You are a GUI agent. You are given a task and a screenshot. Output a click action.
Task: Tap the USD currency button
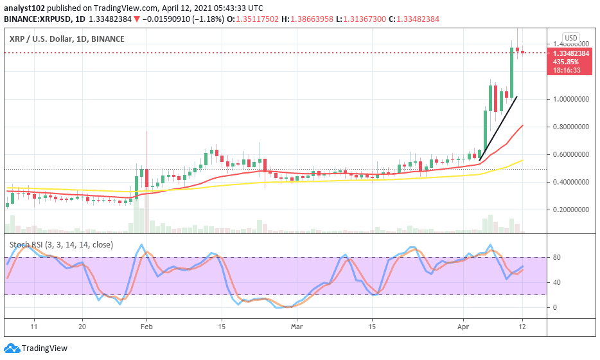click(570, 37)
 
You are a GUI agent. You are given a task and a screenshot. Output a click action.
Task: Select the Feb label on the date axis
click(146, 326)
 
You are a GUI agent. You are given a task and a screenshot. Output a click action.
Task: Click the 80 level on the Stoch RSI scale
click(558, 258)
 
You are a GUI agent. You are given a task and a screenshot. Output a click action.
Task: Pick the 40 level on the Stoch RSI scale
click(558, 282)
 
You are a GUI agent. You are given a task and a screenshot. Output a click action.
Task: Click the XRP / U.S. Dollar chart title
click(67, 39)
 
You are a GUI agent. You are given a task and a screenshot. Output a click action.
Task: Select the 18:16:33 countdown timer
click(569, 69)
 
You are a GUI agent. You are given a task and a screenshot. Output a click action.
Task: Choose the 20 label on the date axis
click(82, 326)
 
